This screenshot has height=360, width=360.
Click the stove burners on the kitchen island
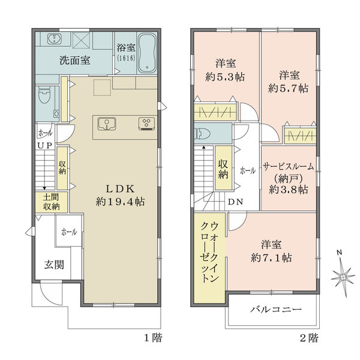(x=146, y=124)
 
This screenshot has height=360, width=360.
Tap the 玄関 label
(x=54, y=265)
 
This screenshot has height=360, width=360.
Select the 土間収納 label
(x=51, y=202)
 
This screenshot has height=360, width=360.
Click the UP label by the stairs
(x=45, y=145)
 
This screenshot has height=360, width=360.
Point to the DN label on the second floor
(x=235, y=202)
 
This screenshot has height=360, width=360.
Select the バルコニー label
(x=275, y=311)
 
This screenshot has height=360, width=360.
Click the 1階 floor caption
(x=152, y=338)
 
